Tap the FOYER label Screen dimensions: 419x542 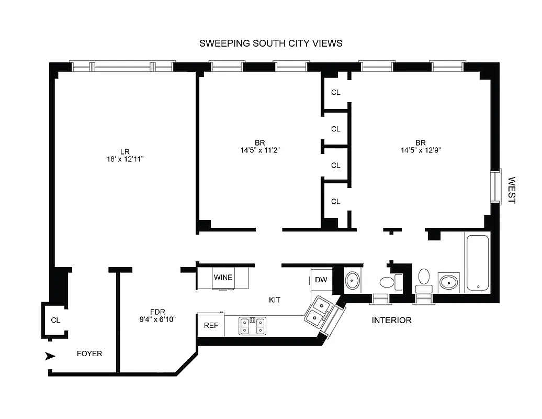(89, 354)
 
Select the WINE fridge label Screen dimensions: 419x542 (223, 277)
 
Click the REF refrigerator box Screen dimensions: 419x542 (211, 325)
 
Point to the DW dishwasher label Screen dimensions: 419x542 (321, 280)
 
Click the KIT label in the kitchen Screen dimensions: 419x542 (274, 300)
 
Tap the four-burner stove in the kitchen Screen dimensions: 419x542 (252, 325)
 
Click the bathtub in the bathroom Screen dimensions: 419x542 (477, 263)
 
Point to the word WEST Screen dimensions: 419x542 (512, 190)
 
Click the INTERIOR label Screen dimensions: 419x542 (391, 320)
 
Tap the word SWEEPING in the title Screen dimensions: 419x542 (222, 43)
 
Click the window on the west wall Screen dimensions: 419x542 (495, 186)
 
